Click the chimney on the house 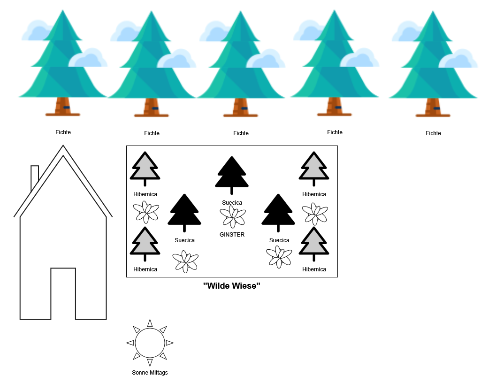35,176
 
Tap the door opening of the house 63,293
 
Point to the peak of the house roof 63,147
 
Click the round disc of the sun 150,343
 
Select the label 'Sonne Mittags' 150,373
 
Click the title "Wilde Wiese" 232,285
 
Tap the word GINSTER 232,235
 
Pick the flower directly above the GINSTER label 233,217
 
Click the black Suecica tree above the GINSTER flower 231,174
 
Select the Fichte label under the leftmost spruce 63,132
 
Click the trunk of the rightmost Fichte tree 433,107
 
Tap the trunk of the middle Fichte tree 240,107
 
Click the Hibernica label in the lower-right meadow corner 314,269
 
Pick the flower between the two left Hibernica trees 145,212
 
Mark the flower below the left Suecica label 185,261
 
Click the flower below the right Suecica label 279,257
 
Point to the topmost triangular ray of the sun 150,323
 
